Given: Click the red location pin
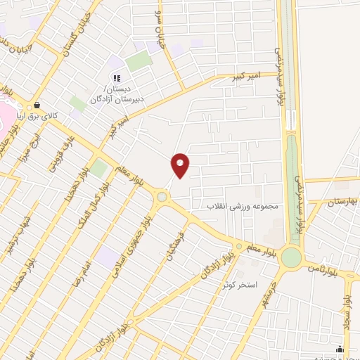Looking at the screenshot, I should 181,165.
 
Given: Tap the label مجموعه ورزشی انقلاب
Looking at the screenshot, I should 243,207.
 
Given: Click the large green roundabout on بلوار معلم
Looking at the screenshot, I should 290,257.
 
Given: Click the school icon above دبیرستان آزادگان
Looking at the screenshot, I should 117,78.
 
